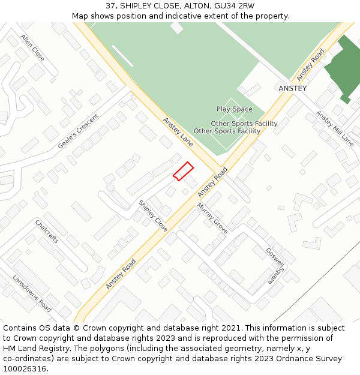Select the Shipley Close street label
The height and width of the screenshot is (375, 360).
(153, 215)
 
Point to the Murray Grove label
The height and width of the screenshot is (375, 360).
(212, 218)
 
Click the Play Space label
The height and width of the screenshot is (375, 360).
(235, 109)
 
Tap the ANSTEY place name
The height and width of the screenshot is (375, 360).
(292, 88)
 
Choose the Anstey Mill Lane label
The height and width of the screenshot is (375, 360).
(335, 128)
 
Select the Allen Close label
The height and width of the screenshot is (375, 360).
(32, 47)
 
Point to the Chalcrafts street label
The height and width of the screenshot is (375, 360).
(47, 231)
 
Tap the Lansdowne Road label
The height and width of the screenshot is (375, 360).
(32, 293)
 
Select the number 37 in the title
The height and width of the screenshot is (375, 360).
(110, 6)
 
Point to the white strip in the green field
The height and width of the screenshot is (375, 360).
(122, 56)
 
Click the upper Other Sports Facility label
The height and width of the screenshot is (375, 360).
(244, 124)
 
